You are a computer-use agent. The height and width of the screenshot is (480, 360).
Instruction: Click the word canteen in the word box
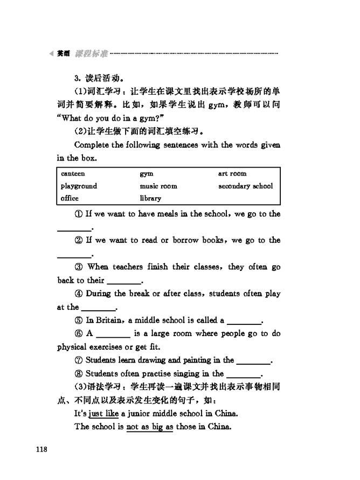pyautogui.click(x=73, y=174)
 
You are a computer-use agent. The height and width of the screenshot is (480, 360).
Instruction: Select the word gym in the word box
pyautogui.click(x=147, y=174)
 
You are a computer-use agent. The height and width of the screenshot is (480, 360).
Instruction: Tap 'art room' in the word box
pyautogui.click(x=232, y=174)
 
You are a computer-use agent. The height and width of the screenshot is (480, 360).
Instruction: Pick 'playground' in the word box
pyautogui.click(x=79, y=186)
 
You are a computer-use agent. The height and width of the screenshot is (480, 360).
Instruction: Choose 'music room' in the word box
pyautogui.click(x=158, y=186)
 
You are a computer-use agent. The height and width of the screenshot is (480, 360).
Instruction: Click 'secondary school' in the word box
pyautogui.click(x=246, y=186)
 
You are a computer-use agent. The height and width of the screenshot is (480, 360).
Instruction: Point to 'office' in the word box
pyautogui.click(x=70, y=198)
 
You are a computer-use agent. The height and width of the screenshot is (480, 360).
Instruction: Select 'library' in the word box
pyautogui.click(x=150, y=198)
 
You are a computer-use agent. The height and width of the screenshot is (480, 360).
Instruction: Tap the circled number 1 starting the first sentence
pyautogui.click(x=79, y=214)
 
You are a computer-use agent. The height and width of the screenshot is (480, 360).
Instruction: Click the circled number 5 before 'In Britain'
pyautogui.click(x=79, y=321)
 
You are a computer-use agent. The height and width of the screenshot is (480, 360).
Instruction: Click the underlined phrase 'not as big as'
pyautogui.click(x=150, y=427)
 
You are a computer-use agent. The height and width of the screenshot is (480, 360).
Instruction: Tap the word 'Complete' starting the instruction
pyautogui.click(x=92, y=145)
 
